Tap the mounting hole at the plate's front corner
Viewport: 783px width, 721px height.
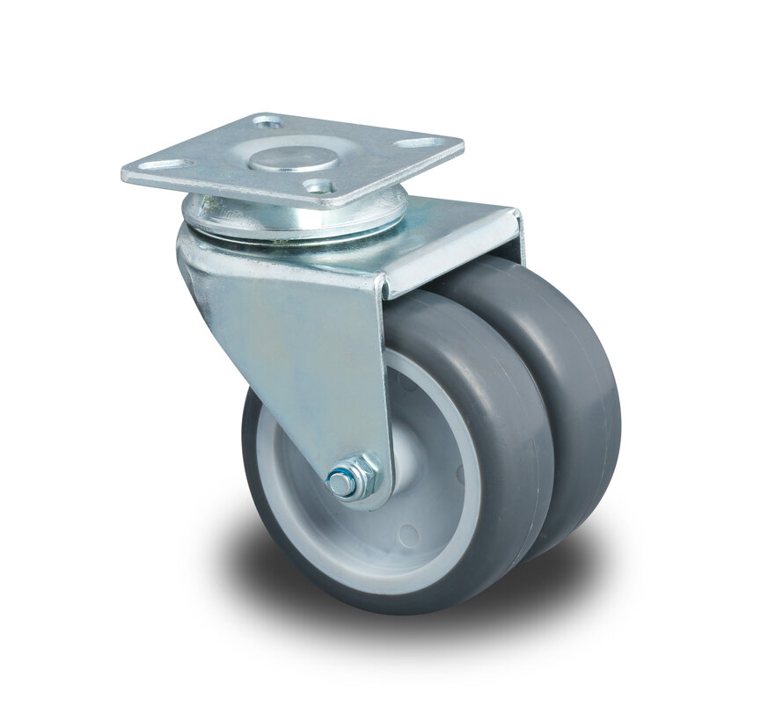318,186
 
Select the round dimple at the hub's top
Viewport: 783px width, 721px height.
406,380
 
